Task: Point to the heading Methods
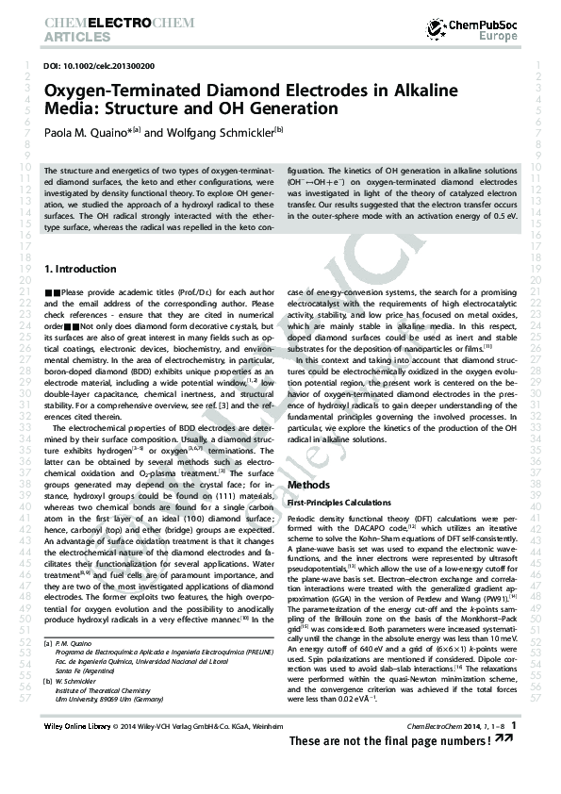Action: click(x=308, y=485)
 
